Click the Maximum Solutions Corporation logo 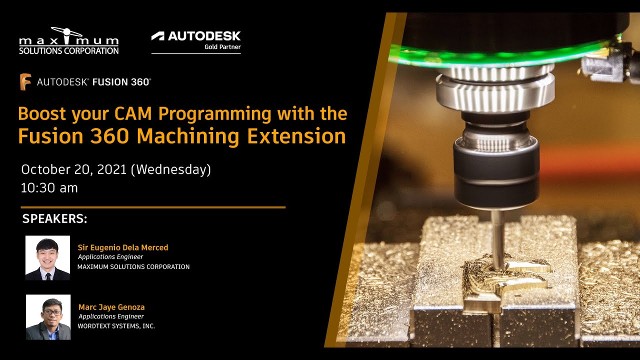[68, 41]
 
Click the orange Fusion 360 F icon [25, 82]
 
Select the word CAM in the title [134, 114]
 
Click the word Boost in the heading [42, 114]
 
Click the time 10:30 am [49, 188]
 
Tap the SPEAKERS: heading [55, 219]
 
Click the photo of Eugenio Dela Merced [47, 258]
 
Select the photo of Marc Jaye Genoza [48, 317]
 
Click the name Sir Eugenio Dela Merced [123, 247]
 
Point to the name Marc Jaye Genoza [111, 307]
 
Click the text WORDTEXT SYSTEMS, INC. [116, 326]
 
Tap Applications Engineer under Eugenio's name [110, 257]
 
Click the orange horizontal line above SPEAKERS [153, 207]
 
